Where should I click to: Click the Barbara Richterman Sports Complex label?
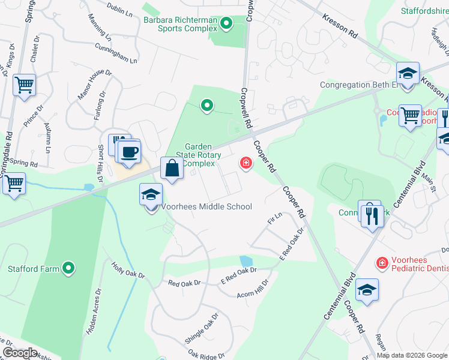[x=179, y=23]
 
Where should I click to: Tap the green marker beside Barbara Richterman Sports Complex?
[x=226, y=23]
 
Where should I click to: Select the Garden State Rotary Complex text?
[x=199, y=155]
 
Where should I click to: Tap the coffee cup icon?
[x=129, y=151]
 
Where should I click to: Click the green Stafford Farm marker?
[x=69, y=269]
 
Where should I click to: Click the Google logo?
[x=20, y=353]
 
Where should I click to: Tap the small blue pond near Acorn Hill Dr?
[x=246, y=261]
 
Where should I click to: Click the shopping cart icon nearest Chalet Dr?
[x=24, y=85]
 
